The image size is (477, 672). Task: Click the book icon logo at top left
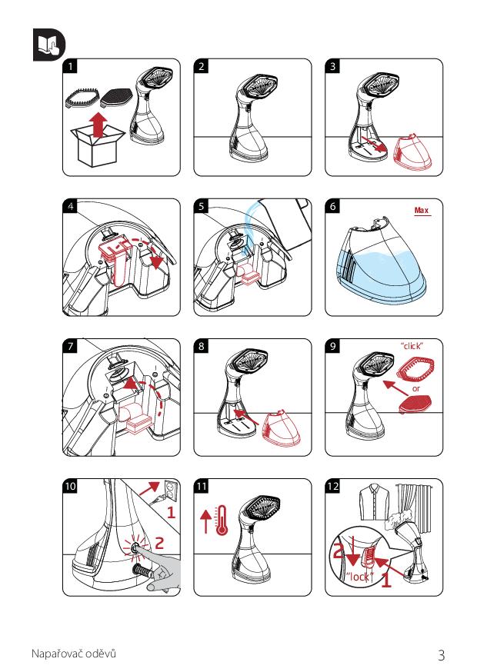point(49,45)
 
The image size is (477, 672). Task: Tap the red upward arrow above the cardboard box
point(98,125)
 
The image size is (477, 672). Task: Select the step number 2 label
point(201,66)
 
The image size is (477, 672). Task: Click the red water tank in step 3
point(412,152)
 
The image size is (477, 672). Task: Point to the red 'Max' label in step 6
point(422,211)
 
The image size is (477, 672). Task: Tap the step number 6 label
point(332,206)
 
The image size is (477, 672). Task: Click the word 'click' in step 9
point(412,346)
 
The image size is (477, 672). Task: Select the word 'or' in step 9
point(416,389)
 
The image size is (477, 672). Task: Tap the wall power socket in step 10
point(170,491)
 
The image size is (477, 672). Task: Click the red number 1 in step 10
point(171,512)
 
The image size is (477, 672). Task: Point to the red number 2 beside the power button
point(159,543)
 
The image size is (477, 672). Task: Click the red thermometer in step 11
point(222,521)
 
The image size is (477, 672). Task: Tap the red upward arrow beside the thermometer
point(206,521)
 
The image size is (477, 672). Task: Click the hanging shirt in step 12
point(375,501)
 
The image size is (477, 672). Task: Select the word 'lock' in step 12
point(359,577)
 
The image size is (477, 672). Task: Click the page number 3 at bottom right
point(441,655)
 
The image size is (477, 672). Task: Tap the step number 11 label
point(201,486)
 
